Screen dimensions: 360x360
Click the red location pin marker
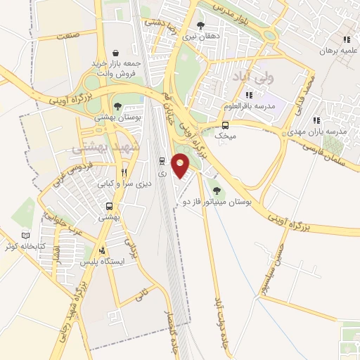(181, 165)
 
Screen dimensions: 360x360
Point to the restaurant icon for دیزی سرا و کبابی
(124, 172)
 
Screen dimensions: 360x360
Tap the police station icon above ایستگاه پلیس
(103, 250)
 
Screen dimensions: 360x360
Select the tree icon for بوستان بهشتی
(117, 106)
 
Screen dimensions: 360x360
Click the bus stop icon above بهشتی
(109, 207)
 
